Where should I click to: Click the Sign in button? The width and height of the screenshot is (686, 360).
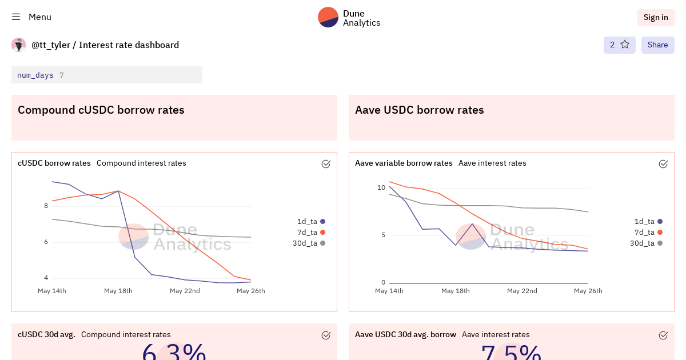pyautogui.click(x=656, y=17)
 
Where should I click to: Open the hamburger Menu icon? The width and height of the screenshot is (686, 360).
pyautogui.click(x=16, y=17)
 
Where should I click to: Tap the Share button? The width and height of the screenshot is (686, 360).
pyautogui.click(x=657, y=45)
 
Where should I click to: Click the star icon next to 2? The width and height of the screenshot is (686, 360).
pyautogui.click(x=625, y=45)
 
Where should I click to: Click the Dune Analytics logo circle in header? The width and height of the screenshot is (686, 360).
pyautogui.click(x=328, y=17)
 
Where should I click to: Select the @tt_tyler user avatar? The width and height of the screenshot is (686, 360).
pyautogui.click(x=19, y=45)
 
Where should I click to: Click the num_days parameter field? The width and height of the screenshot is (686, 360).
pyautogui.click(x=107, y=75)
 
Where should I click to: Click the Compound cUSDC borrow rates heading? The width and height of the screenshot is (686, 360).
pyautogui.click(x=101, y=110)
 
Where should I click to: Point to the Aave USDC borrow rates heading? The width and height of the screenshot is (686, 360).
pyautogui.click(x=420, y=110)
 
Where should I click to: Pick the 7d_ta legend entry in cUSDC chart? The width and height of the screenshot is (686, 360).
pyautogui.click(x=310, y=232)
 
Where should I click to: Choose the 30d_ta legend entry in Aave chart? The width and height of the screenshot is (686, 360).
pyautogui.click(x=645, y=243)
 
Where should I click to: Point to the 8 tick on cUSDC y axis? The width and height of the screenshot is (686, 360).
pyautogui.click(x=46, y=206)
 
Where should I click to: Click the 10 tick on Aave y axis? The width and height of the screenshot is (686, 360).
pyautogui.click(x=381, y=187)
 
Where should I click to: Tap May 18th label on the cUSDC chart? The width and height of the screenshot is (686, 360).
pyautogui.click(x=118, y=291)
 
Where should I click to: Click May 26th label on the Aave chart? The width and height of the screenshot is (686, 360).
pyautogui.click(x=588, y=291)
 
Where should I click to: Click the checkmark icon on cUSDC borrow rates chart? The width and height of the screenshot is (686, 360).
pyautogui.click(x=326, y=164)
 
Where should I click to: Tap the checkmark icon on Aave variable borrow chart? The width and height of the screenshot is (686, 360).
pyautogui.click(x=663, y=164)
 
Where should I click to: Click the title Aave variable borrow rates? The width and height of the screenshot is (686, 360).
pyautogui.click(x=404, y=163)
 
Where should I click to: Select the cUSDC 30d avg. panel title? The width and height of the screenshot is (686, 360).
pyautogui.click(x=46, y=334)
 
